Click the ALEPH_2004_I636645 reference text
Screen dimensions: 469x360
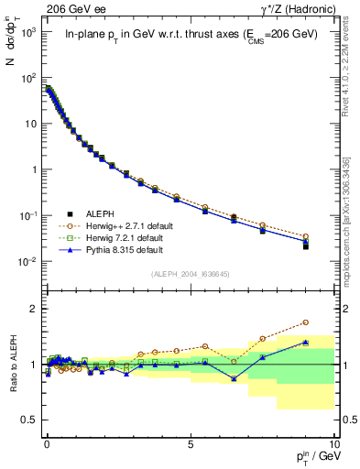click(x=190, y=274)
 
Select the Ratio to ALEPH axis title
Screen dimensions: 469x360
click(x=14, y=365)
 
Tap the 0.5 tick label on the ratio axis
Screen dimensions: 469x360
click(x=29, y=420)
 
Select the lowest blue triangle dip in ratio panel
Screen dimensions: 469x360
click(x=234, y=378)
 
